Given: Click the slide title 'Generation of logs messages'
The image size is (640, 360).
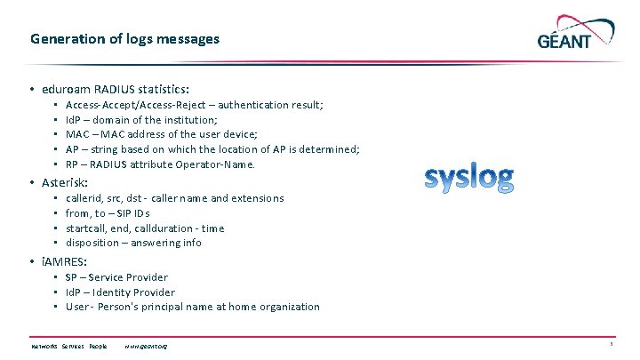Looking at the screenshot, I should click(x=124, y=39).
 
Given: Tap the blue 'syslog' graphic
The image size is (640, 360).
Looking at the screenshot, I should click(x=468, y=178).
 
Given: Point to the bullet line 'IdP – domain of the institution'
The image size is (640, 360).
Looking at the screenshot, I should click(x=141, y=120).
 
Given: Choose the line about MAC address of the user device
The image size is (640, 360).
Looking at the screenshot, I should click(x=161, y=135).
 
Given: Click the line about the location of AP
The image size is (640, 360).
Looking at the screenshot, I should click(x=212, y=149).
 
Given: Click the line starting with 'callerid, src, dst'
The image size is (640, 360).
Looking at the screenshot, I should click(x=174, y=198).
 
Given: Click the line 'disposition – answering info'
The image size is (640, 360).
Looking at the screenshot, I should click(x=133, y=243).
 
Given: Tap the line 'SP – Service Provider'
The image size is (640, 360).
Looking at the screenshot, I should click(x=116, y=277).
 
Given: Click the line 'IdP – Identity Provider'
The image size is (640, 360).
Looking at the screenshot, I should click(x=120, y=292).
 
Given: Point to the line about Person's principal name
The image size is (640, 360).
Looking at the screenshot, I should click(x=192, y=307).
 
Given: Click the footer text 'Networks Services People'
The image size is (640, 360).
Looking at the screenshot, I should click(x=68, y=346).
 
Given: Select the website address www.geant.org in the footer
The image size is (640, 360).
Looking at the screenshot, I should click(x=146, y=346).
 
